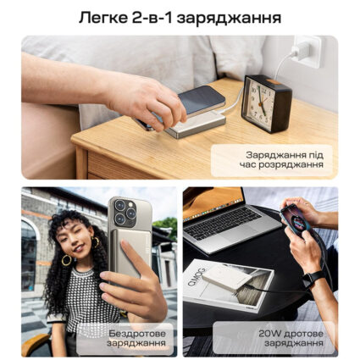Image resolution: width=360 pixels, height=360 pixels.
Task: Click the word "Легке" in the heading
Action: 101,16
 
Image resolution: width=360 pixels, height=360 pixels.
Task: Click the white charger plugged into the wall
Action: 302,53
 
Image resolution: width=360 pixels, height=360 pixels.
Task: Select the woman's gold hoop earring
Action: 65,260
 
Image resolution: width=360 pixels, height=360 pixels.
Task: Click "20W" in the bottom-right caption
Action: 271,332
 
